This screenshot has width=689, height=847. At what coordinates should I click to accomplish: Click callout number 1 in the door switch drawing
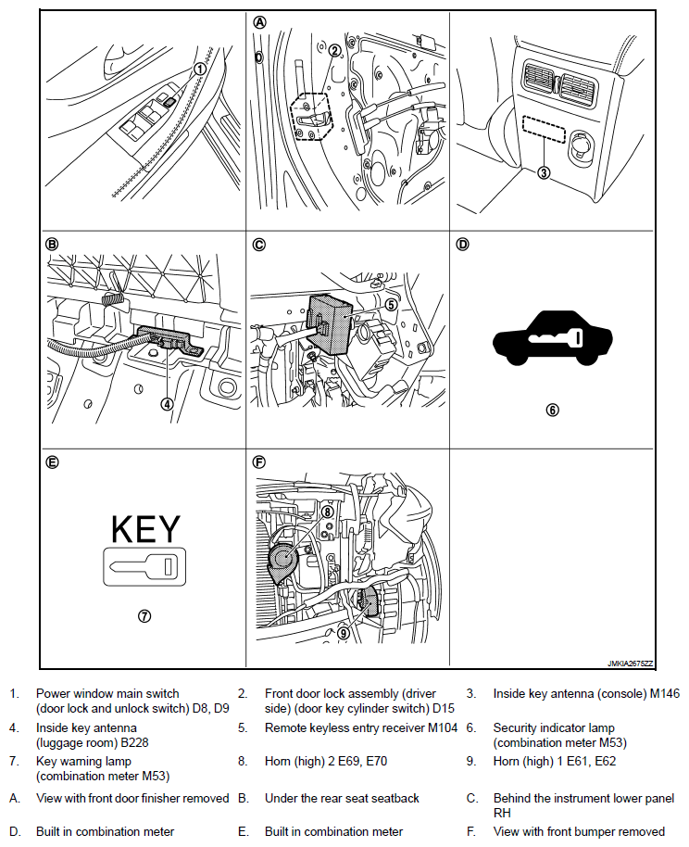click(x=199, y=68)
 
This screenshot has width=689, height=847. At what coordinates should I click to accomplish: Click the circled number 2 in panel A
click(x=333, y=50)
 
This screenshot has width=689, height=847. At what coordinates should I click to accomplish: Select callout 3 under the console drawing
click(x=545, y=171)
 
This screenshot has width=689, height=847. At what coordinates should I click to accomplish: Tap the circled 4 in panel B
click(x=167, y=403)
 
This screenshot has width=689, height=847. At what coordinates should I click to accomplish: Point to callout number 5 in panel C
click(x=391, y=303)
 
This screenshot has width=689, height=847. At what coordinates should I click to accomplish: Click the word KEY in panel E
click(x=145, y=529)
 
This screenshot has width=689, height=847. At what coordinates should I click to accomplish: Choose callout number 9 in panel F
click(x=343, y=633)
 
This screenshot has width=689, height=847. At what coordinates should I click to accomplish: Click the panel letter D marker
click(x=463, y=245)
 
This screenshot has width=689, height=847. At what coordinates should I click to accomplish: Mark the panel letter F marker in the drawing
click(x=259, y=461)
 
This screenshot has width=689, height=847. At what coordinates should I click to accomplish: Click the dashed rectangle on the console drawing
click(x=544, y=129)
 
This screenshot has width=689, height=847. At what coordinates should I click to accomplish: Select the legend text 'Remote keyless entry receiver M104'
click(x=361, y=727)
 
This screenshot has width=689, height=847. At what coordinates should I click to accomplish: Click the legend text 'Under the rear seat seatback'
click(x=342, y=797)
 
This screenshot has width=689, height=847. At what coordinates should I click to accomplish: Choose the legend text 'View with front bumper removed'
click(x=579, y=831)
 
